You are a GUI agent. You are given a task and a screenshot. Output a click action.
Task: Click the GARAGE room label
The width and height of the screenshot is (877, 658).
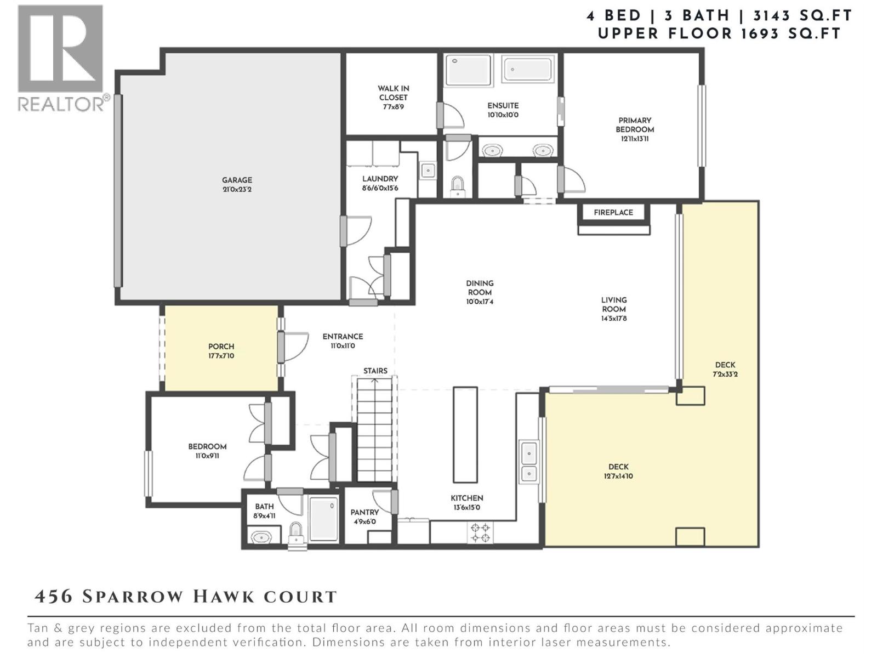[237, 180]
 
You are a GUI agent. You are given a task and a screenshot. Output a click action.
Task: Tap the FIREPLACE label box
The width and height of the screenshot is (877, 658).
[613, 212]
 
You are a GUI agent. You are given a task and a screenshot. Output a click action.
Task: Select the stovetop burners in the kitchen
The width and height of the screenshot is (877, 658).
[481, 532]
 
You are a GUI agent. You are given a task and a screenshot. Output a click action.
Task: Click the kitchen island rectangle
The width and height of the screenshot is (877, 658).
[465, 434]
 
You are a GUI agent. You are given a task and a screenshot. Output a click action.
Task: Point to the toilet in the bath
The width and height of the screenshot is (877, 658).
[296, 533]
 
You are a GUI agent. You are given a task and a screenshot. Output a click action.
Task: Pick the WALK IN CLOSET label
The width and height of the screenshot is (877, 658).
[393, 93]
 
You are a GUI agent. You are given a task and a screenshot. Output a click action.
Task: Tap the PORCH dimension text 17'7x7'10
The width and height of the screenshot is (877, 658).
[221, 356]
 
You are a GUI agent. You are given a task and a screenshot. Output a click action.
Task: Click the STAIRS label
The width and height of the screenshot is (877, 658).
[375, 371]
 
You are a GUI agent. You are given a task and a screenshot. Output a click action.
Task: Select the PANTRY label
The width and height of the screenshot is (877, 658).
[365, 512]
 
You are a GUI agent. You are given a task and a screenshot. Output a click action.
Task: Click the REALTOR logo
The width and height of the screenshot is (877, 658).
[61, 58]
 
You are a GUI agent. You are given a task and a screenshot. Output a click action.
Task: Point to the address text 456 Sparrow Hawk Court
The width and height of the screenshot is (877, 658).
[186, 597]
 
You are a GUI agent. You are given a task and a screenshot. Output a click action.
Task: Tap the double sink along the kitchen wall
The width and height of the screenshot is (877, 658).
[528, 462]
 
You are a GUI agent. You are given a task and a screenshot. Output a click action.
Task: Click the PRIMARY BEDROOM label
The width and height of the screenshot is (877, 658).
[635, 125]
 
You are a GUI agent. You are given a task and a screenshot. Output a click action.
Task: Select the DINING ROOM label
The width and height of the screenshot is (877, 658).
[480, 287]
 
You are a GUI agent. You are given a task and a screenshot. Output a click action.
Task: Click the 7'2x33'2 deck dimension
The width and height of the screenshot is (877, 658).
[725, 375]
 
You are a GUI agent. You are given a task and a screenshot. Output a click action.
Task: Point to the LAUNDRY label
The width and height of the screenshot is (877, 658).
[380, 179]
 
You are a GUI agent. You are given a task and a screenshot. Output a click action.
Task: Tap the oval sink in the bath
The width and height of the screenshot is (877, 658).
[261, 536]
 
